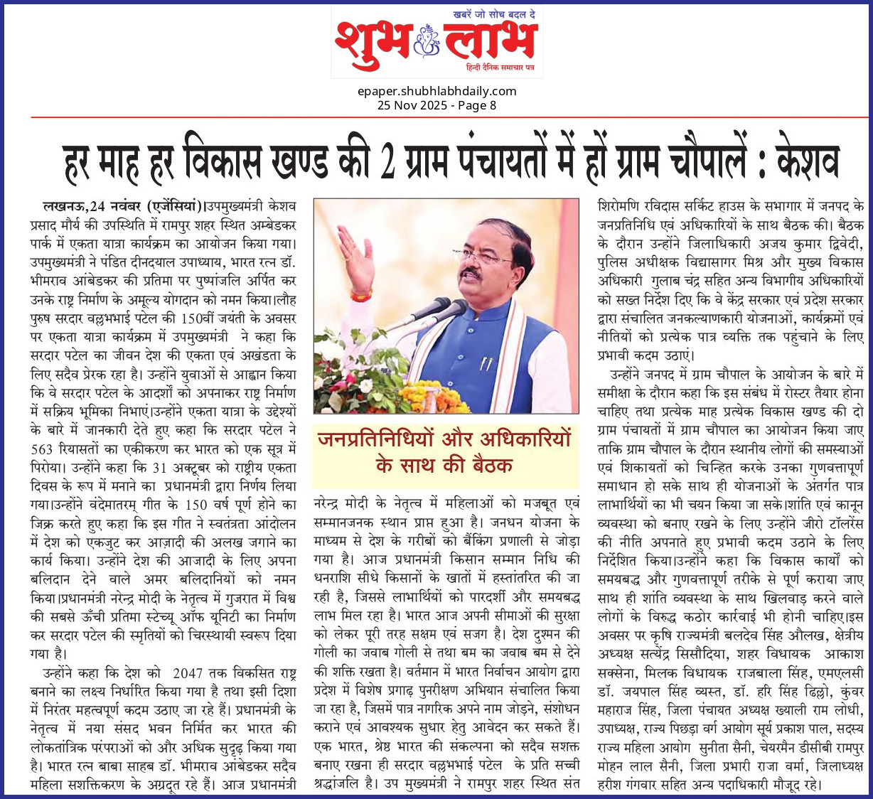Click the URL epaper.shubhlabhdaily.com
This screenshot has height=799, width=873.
point(436,91)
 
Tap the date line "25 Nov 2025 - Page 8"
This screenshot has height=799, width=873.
point(436,105)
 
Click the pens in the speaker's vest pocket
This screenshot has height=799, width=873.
point(486,363)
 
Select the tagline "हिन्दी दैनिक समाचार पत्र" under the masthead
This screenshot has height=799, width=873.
point(504,66)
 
